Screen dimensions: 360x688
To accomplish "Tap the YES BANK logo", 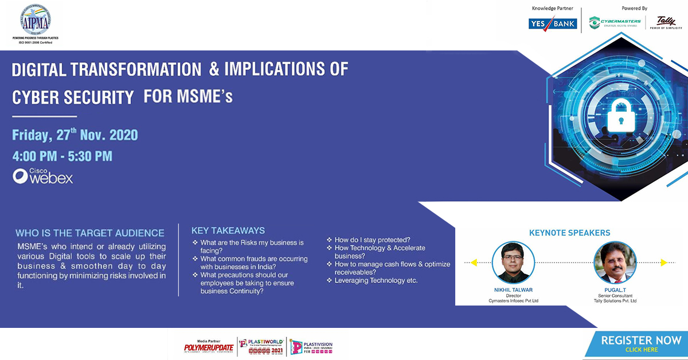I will [552, 24].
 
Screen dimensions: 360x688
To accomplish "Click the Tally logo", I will [667, 23].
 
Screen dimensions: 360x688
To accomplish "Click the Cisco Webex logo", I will [43, 176].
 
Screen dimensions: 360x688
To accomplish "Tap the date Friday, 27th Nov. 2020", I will [75, 135].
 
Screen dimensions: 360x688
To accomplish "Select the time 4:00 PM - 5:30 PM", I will [62, 156].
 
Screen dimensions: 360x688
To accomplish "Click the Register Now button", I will [640, 344].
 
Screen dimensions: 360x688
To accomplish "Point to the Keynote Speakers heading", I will [569, 233].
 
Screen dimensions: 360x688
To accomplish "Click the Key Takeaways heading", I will [228, 230].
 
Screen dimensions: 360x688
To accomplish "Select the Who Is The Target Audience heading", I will [89, 233].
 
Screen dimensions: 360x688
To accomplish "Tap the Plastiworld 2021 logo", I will [261, 346].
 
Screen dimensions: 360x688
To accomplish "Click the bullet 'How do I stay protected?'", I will [372, 240].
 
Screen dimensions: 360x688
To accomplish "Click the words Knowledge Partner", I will [552, 9].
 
